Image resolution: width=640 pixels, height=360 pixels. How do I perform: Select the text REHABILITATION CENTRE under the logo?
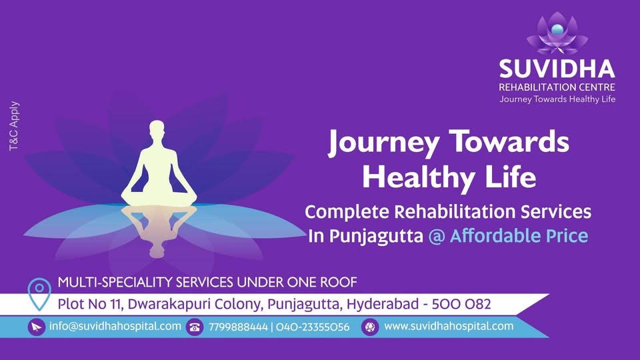(557, 87)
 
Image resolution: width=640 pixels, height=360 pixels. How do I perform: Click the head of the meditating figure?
(157, 131)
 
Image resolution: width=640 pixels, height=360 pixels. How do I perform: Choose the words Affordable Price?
(519, 235)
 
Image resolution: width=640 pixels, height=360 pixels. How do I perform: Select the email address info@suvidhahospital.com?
(115, 327)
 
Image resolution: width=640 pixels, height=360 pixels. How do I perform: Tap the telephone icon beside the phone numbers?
(195, 327)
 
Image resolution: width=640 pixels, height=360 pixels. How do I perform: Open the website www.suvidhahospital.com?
(449, 327)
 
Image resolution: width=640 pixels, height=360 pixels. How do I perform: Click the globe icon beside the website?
(370, 327)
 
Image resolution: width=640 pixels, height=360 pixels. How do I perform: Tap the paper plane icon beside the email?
(36, 327)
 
